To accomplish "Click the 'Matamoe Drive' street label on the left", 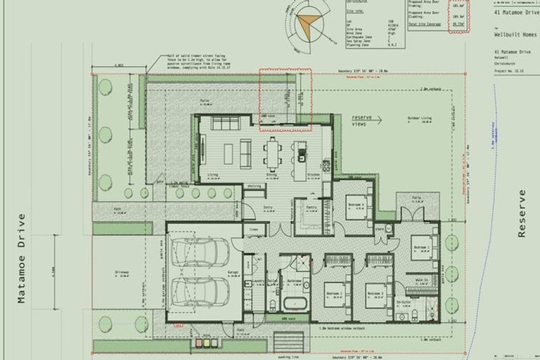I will pos(22,258).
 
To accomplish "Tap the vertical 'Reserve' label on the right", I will pos(522,213).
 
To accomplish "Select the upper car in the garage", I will pos(200,252).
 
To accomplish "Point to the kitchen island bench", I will pos(300,159).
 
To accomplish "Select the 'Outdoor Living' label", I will pos(419,117).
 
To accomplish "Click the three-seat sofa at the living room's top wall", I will pos(226,124).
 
